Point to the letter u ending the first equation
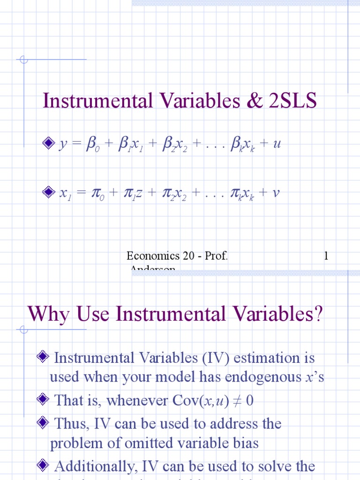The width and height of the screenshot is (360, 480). click(x=277, y=144)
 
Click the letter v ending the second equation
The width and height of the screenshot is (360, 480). click(x=276, y=192)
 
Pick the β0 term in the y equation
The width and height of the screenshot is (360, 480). click(x=92, y=144)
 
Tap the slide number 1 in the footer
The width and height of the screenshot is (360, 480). click(x=326, y=255)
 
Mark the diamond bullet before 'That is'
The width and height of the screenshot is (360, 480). click(x=43, y=400)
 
